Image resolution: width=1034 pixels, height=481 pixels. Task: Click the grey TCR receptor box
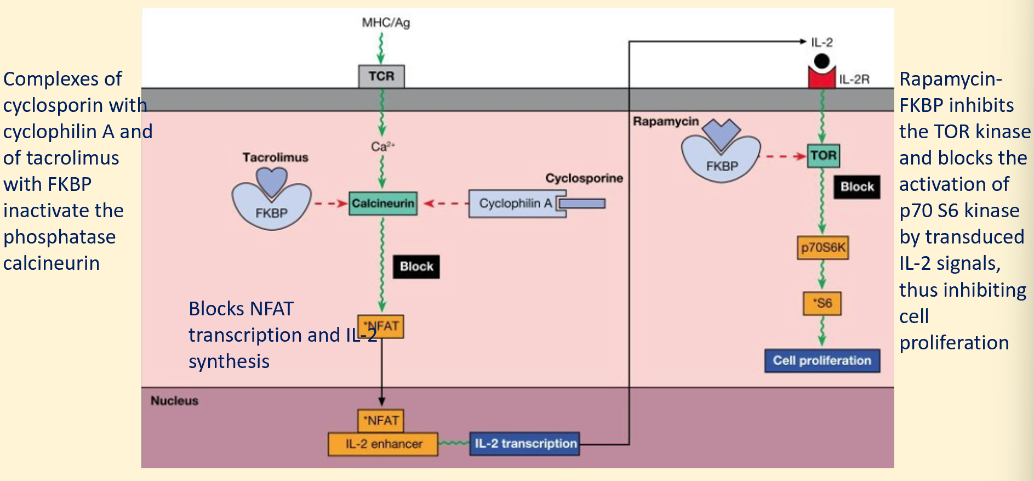pyautogui.click(x=381, y=76)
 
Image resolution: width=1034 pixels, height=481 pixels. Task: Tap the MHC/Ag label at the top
pyautogui.click(x=386, y=22)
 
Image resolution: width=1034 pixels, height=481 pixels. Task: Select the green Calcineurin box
pyautogui.click(x=382, y=203)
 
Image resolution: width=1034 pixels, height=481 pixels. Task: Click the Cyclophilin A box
pyautogui.click(x=515, y=203)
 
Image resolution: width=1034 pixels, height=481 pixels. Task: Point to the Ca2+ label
pyautogui.click(x=382, y=146)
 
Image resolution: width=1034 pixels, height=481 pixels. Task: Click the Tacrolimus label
pyautogui.click(x=275, y=157)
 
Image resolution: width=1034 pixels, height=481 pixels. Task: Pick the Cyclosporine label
pyautogui.click(x=584, y=178)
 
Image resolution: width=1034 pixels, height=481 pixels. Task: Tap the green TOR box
pyautogui.click(x=823, y=156)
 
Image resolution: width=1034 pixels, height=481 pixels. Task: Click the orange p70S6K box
pyautogui.click(x=822, y=247)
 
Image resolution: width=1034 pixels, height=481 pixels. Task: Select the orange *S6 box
pyautogui.click(x=822, y=303)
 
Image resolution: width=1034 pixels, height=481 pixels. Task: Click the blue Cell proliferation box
pyautogui.click(x=822, y=360)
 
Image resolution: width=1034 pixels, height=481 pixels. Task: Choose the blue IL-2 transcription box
pyautogui.click(x=525, y=443)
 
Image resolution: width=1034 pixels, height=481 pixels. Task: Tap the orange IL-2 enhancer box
pyautogui.click(x=383, y=444)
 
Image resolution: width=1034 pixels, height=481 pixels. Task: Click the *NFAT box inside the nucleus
pyautogui.click(x=381, y=420)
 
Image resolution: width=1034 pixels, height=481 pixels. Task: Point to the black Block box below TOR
pyautogui.click(x=857, y=187)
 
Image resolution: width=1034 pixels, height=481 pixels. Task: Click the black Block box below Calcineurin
pyautogui.click(x=416, y=267)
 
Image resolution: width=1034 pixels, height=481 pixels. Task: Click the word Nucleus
pyautogui.click(x=174, y=400)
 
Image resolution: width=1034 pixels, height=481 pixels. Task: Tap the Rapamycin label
pyautogui.click(x=666, y=121)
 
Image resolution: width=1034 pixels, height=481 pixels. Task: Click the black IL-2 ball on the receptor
pyautogui.click(x=821, y=61)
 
